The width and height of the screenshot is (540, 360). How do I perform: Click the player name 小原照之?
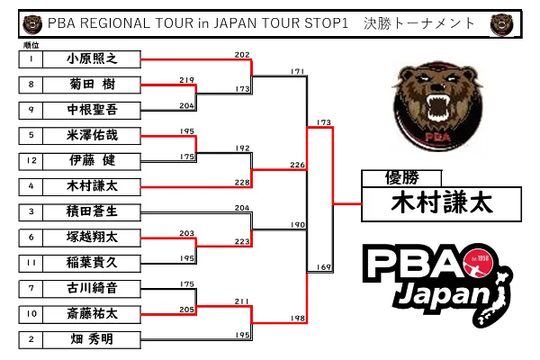(92, 58)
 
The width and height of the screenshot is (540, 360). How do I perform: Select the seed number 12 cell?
(31, 161)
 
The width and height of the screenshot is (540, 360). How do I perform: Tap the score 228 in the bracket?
(242, 182)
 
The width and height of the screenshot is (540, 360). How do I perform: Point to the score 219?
(186, 80)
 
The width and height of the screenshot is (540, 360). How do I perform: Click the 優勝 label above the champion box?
(402, 178)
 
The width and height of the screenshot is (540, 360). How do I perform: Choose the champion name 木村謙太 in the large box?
(442, 202)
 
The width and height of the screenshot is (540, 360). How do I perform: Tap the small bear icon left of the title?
(32, 24)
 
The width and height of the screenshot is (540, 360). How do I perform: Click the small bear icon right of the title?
(502, 24)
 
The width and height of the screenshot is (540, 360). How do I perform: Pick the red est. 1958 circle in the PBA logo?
(478, 263)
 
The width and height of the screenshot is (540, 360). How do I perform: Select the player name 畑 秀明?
(92, 339)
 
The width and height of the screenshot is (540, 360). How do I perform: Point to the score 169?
(324, 267)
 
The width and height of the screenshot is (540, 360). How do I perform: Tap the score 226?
(297, 165)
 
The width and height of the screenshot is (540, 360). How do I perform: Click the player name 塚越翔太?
(92, 238)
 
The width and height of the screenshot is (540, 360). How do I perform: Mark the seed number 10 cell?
(31, 314)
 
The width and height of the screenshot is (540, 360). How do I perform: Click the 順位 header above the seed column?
(31, 45)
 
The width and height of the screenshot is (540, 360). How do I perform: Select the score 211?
(242, 301)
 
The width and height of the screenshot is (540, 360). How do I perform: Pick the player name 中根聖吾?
(92, 110)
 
